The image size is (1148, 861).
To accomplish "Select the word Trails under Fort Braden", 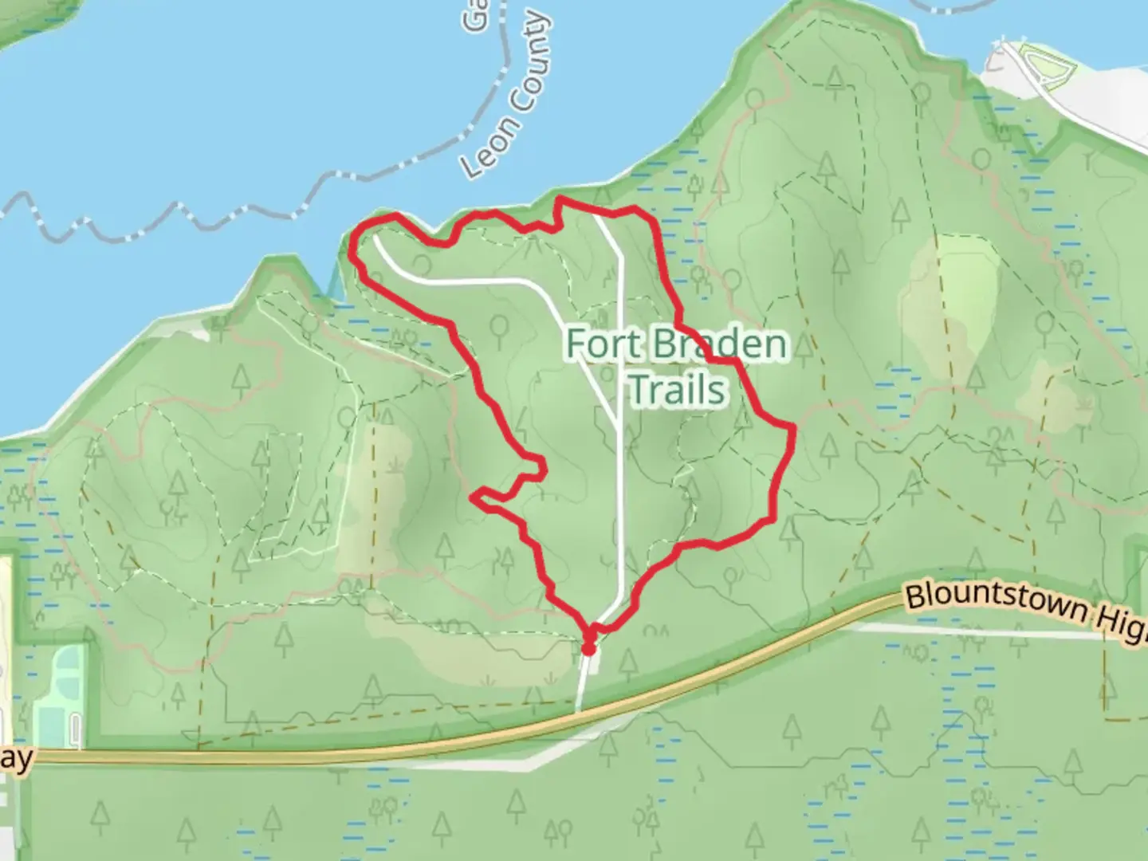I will click(678, 390).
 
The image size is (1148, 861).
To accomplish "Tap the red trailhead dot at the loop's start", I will click(588, 649).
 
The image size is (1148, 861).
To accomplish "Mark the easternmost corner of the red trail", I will click(793, 428).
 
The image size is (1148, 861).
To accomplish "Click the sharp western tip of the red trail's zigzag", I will click(474, 497).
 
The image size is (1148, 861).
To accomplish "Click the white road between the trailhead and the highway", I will click(583, 682).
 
